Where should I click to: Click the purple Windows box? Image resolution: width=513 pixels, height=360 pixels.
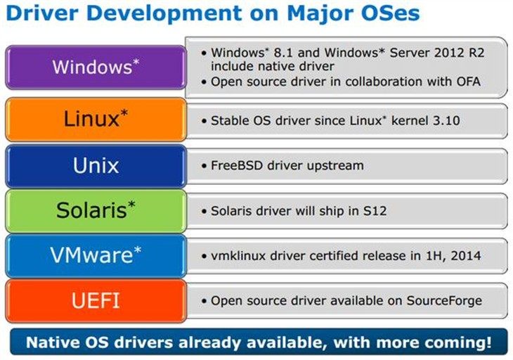(96, 67)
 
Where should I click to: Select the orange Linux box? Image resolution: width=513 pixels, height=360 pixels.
(96, 120)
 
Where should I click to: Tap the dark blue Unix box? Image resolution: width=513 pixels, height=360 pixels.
(96, 166)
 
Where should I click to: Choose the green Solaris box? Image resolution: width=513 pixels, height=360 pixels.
(96, 211)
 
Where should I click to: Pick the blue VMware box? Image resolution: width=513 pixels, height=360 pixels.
(96, 256)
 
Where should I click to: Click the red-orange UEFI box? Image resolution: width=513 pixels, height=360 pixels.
(96, 301)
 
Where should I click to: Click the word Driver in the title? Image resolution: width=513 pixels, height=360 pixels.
(42, 13)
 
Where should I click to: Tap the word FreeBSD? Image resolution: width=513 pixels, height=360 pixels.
(237, 166)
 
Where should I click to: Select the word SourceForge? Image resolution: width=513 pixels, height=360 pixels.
(444, 301)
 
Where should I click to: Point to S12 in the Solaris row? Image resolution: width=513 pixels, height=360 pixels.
(375, 211)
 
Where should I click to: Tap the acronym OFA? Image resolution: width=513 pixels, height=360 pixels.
(469, 82)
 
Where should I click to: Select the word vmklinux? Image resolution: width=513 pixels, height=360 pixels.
(238, 256)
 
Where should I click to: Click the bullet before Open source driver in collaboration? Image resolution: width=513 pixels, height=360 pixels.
(204, 82)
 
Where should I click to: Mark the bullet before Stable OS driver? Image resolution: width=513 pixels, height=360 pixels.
(204, 121)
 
